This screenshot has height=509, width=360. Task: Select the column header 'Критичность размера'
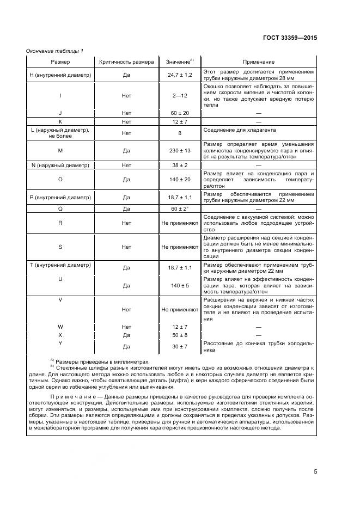[126, 62]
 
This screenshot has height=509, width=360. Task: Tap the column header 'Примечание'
[258, 62]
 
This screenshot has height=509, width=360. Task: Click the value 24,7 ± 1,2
[180, 75]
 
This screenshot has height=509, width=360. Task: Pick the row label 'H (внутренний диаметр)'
[60, 75]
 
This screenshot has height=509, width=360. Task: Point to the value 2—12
[180, 95]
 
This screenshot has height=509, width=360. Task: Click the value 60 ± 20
[180, 113]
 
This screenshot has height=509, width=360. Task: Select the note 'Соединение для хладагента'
[239, 131]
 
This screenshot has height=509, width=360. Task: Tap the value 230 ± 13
[180, 151]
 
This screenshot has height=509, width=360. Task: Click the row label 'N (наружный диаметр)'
[60, 165]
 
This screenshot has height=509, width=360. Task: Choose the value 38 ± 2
[180, 165]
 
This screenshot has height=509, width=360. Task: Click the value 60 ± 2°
[180, 208]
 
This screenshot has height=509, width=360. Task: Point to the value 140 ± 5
[180, 285]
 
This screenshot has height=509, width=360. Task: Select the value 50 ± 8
[180, 335]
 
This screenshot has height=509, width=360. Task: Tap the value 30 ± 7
[180, 346]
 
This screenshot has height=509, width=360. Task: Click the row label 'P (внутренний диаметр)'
[60, 197]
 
